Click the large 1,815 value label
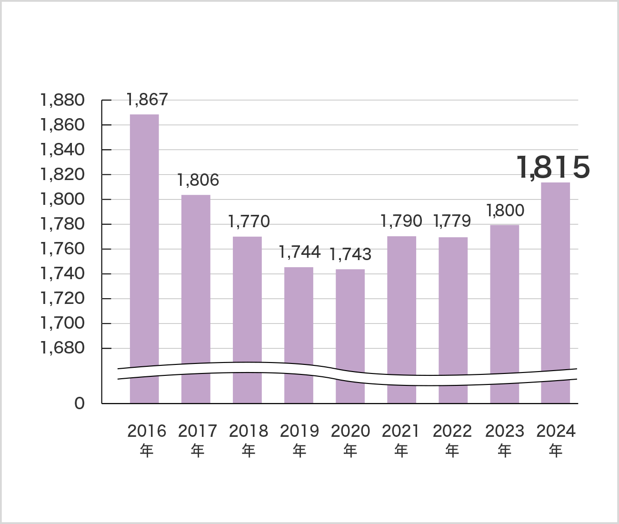tap(553, 167)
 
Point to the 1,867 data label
tap(147, 100)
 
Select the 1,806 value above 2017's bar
tap(198, 180)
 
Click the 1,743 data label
tap(350, 254)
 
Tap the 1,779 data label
tap(452, 221)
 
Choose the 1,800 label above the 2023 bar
tap(505, 210)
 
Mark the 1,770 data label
tap(249, 222)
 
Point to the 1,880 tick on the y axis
tap(62, 100)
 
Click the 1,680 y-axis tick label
tap(62, 348)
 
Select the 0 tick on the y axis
tap(79, 403)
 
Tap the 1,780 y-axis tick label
tap(62, 224)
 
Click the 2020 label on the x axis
tap(350, 431)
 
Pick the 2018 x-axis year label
tap(249, 431)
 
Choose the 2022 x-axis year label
tap(452, 431)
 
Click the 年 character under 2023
tap(505, 450)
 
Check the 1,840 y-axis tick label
tap(62, 150)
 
